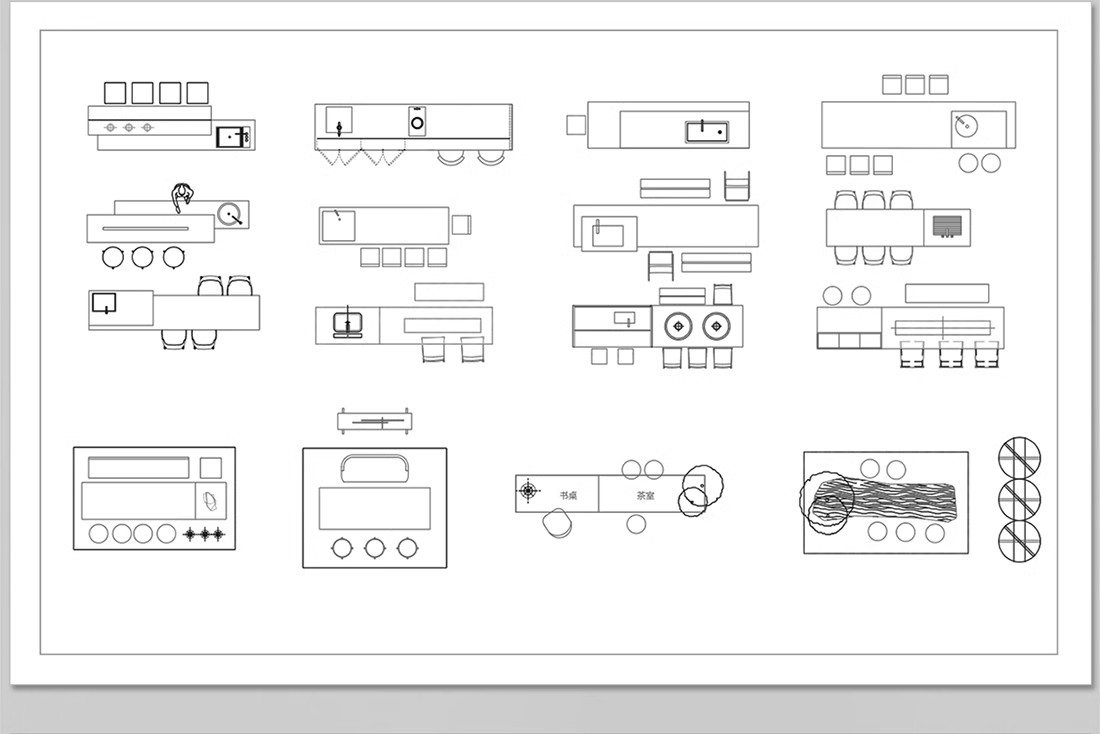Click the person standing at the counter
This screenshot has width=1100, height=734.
[x=182, y=197]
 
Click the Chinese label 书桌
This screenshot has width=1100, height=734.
[x=567, y=495]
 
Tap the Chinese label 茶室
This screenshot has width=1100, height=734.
[x=646, y=495]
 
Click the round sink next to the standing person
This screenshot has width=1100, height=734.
[x=231, y=214]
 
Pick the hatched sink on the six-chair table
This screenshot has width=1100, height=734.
[x=947, y=226]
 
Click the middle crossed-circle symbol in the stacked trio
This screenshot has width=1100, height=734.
[x=1019, y=499]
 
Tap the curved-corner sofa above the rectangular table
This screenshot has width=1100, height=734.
[x=375, y=469]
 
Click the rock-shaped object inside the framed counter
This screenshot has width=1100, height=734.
[x=209, y=501]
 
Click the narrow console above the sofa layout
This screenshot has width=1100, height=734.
[x=375, y=422]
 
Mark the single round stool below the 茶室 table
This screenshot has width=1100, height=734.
[x=636, y=523]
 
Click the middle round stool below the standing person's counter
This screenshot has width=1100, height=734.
[x=144, y=258]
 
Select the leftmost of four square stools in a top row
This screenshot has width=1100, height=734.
[x=115, y=93]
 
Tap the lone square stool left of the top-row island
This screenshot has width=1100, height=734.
[x=575, y=124]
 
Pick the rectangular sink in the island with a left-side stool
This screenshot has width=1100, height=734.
[x=706, y=131]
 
